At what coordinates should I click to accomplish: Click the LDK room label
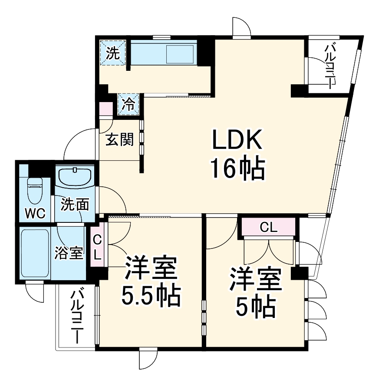coord(237,142)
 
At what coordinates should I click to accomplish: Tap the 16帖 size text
coord(237,169)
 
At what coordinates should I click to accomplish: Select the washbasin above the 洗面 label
coord(75,177)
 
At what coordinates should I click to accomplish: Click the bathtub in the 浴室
coord(35,254)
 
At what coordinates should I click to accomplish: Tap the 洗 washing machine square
coord(113,54)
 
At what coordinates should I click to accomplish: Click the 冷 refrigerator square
coord(128,105)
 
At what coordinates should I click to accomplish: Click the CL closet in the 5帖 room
coord(269,228)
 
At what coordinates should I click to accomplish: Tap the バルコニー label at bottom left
coord(77,315)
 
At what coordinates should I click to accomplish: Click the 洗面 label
coord(74,204)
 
